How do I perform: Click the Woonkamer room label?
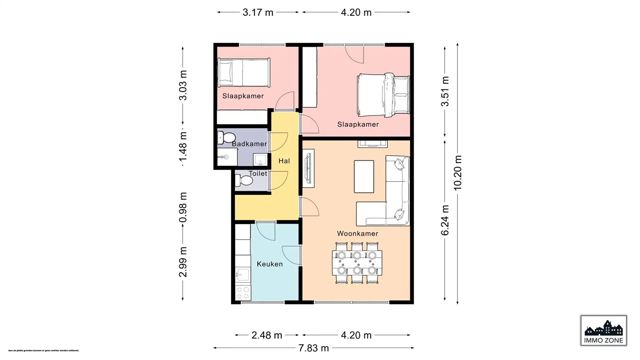point(357,234)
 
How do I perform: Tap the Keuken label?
point(270,264)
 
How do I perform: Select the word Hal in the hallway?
point(284,161)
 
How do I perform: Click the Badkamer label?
point(249,144)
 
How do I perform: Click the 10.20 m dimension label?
point(458,173)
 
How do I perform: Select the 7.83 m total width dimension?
point(313,348)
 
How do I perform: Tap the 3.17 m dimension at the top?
point(258,12)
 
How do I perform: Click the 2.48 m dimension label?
point(267,335)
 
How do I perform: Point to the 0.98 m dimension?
point(183,207)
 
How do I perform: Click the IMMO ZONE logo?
point(603,331)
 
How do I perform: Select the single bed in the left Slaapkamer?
point(244,72)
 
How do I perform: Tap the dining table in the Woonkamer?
point(357,263)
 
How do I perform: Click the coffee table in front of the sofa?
point(364,176)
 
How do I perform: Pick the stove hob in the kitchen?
point(243,292)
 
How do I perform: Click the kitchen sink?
point(243,275)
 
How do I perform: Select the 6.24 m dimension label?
point(445,220)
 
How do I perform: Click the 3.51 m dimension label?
point(445,91)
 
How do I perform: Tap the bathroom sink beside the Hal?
point(260,159)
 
